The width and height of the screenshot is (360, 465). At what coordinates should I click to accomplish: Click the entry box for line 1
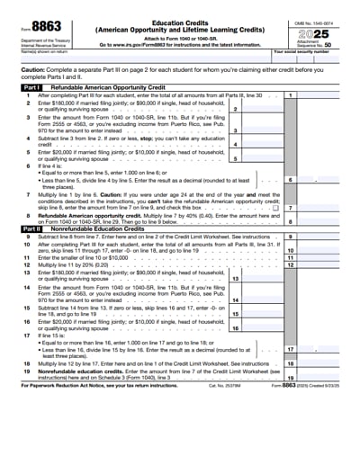(x=325, y=94)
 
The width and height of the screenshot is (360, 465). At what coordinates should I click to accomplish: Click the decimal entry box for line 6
(x=325, y=180)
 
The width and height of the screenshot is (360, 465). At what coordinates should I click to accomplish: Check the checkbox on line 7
(x=275, y=208)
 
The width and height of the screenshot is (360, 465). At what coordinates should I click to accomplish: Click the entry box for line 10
(x=325, y=251)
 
